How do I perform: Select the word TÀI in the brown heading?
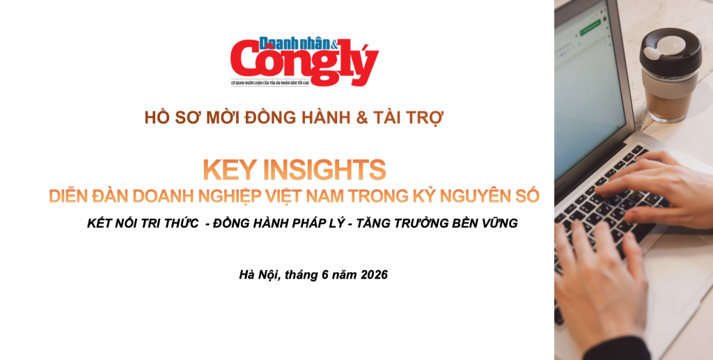(x=390, y=117)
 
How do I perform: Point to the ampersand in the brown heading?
(x=362, y=118)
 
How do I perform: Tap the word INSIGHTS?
(x=324, y=169)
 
